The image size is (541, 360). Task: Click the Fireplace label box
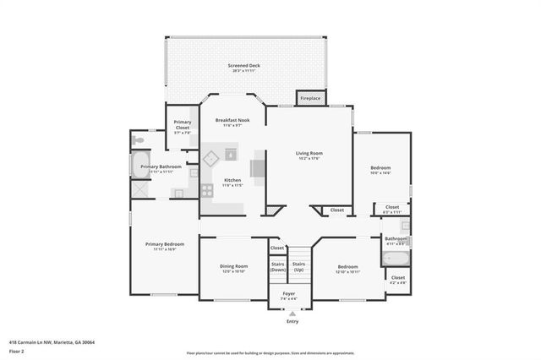[x=310, y=98]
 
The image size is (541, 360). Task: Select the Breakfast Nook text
[x=232, y=123]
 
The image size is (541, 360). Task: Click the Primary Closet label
[x=183, y=125]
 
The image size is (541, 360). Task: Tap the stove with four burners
[x=207, y=190]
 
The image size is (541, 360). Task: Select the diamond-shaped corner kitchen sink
[x=212, y=156]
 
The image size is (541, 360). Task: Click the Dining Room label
[x=232, y=269]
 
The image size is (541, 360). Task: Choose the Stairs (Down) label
[x=277, y=266]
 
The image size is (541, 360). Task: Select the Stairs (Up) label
[x=298, y=266]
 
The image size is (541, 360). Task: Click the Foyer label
[x=288, y=296]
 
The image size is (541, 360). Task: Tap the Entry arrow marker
[x=292, y=313]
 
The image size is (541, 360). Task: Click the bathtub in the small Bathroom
[x=396, y=257]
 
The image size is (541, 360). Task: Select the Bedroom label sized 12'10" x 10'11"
[x=348, y=269]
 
